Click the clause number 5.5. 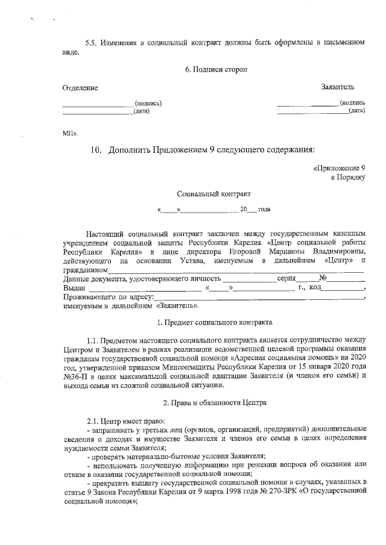pos(91,43)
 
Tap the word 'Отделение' pos(80,88)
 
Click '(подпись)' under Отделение pos(148,103)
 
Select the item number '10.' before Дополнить pos(97,149)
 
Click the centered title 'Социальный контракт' pos(214,194)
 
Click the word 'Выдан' pos(74,288)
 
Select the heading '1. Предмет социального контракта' pos(214,323)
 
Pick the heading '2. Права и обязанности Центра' pos(214,401)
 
